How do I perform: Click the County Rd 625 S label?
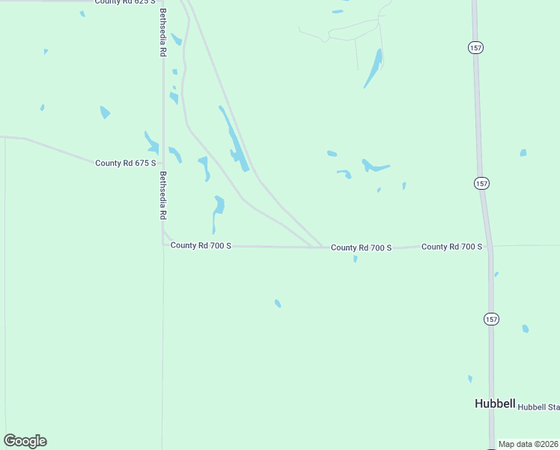point(125,2)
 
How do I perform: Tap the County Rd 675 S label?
point(126,163)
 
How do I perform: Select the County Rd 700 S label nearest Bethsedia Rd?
point(201,245)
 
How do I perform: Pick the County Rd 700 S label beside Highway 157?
point(451,246)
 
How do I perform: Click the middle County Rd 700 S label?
point(361,247)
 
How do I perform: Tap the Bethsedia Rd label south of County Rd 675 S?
point(162,195)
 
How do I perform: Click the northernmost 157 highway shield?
point(476,47)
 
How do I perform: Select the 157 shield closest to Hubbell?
point(491,319)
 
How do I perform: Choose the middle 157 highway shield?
point(481,183)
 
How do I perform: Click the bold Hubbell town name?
point(495,403)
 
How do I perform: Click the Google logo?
point(25,441)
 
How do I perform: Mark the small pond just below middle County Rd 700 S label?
point(355,259)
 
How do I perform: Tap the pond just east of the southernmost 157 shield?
point(526,328)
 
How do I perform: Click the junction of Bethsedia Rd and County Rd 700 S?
point(163,244)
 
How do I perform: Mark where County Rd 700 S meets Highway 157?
point(490,246)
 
